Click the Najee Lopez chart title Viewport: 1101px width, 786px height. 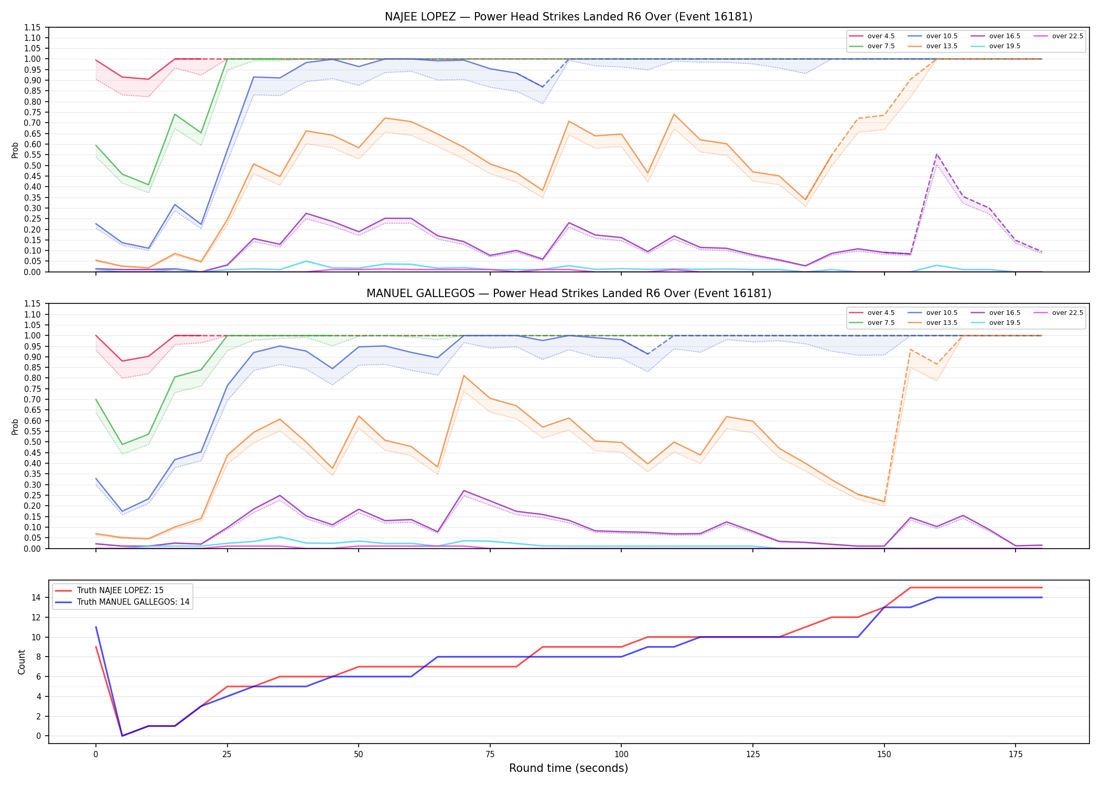568,17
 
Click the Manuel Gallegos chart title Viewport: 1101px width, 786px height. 568,293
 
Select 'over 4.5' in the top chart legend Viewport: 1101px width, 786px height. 881,36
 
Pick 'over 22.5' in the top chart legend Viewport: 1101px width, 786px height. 1067,36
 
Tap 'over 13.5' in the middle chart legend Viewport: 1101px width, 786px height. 942,323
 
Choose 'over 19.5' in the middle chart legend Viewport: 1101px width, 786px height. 1005,323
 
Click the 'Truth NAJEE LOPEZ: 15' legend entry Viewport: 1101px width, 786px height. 120,591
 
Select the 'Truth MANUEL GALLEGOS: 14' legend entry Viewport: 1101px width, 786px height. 133,602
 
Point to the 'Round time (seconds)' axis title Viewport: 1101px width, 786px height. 568,768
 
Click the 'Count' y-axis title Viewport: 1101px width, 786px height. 21,662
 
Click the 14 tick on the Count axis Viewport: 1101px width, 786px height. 37,597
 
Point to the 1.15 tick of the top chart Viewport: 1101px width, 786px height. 33,27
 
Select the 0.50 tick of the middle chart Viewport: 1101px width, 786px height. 33,442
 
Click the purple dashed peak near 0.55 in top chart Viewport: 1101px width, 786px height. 936,154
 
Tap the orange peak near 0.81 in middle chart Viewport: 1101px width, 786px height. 463,376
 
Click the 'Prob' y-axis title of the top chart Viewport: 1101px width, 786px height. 15,150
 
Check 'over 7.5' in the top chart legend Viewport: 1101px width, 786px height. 881,46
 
